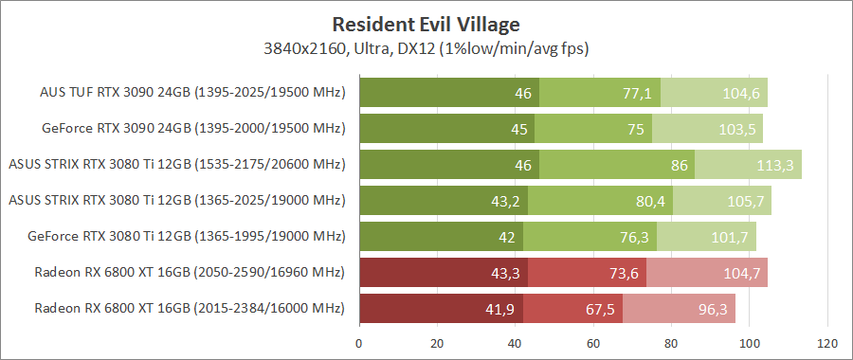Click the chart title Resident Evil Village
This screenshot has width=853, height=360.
pyautogui.click(x=426, y=22)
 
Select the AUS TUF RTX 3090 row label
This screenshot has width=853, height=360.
pyautogui.click(x=192, y=93)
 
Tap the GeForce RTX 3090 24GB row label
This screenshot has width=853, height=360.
pyautogui.click(x=193, y=129)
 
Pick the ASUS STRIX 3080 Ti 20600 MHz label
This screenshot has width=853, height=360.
pyautogui.click(x=176, y=165)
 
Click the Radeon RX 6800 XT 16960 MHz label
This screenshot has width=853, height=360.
pyautogui.click(x=190, y=273)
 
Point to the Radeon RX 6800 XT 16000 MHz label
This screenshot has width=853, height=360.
pyautogui.click(x=190, y=309)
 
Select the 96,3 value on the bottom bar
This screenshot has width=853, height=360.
pyautogui.click(x=709, y=309)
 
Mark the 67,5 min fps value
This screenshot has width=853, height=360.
pyautogui.click(x=598, y=309)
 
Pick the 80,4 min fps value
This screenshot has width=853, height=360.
pyautogui.click(x=648, y=201)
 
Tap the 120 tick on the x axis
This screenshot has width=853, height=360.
pyautogui.click(x=827, y=342)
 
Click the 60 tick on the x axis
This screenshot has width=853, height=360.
pyautogui.click(x=593, y=342)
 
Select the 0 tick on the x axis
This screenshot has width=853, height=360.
pyautogui.click(x=359, y=342)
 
